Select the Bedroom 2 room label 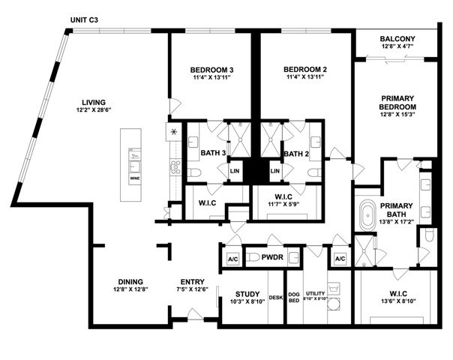click(x=305, y=70)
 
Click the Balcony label click(x=397, y=38)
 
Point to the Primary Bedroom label click(x=398, y=103)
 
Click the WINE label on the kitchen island click(x=135, y=179)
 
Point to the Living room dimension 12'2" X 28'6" click(x=94, y=109)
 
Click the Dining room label click(x=131, y=283)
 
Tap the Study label click(x=247, y=294)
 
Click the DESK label click(x=276, y=298)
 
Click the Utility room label click(x=315, y=294)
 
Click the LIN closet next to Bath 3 click(x=235, y=172)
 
